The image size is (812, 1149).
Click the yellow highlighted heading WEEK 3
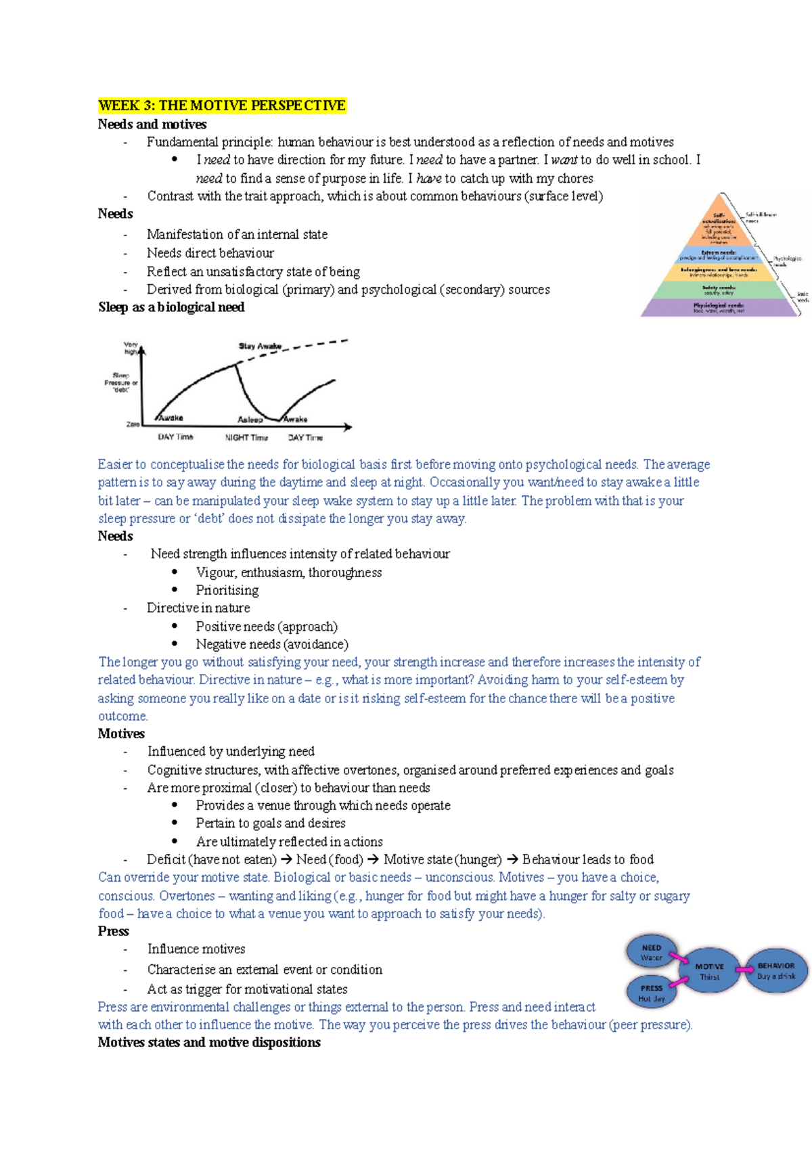pos(222,106)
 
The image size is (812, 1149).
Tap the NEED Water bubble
pos(651,952)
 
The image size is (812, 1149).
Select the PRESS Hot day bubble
pos(652,993)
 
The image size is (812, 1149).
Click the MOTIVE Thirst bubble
pos(709,971)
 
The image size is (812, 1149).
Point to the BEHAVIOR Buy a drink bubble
pos(775,970)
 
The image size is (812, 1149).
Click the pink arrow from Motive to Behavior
pos(744,970)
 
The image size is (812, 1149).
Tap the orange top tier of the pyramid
pos(719,223)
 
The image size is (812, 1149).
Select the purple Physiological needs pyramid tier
pos(719,308)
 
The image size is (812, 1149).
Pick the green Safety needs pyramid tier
pos(719,290)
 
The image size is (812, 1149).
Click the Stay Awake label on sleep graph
pos(260,346)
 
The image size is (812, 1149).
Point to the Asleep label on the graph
pos(250,420)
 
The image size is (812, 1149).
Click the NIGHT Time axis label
pos(246,438)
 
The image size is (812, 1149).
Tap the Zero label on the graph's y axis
pos(133,424)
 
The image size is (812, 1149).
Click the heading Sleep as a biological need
pos(171,307)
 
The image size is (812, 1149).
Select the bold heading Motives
pos(121,734)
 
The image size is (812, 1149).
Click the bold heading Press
pos(113,931)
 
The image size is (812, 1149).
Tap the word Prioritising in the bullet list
pos(227,590)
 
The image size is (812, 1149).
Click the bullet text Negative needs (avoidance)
pos(272,644)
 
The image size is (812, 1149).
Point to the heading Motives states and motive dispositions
pos(209,1042)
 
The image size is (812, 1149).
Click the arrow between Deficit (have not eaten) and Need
pos(286,859)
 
